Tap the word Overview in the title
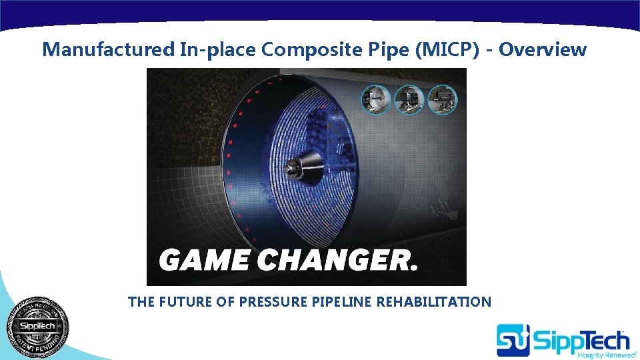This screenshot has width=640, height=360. (543, 49)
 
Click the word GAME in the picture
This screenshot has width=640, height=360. (205, 261)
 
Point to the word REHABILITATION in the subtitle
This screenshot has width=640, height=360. (433, 302)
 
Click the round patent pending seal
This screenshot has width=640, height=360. (37, 326)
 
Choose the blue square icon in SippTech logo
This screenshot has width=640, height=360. (513, 340)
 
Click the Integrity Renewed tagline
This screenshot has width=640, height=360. (598, 355)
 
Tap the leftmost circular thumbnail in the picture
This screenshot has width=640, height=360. (375, 99)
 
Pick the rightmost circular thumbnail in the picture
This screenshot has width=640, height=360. (441, 99)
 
